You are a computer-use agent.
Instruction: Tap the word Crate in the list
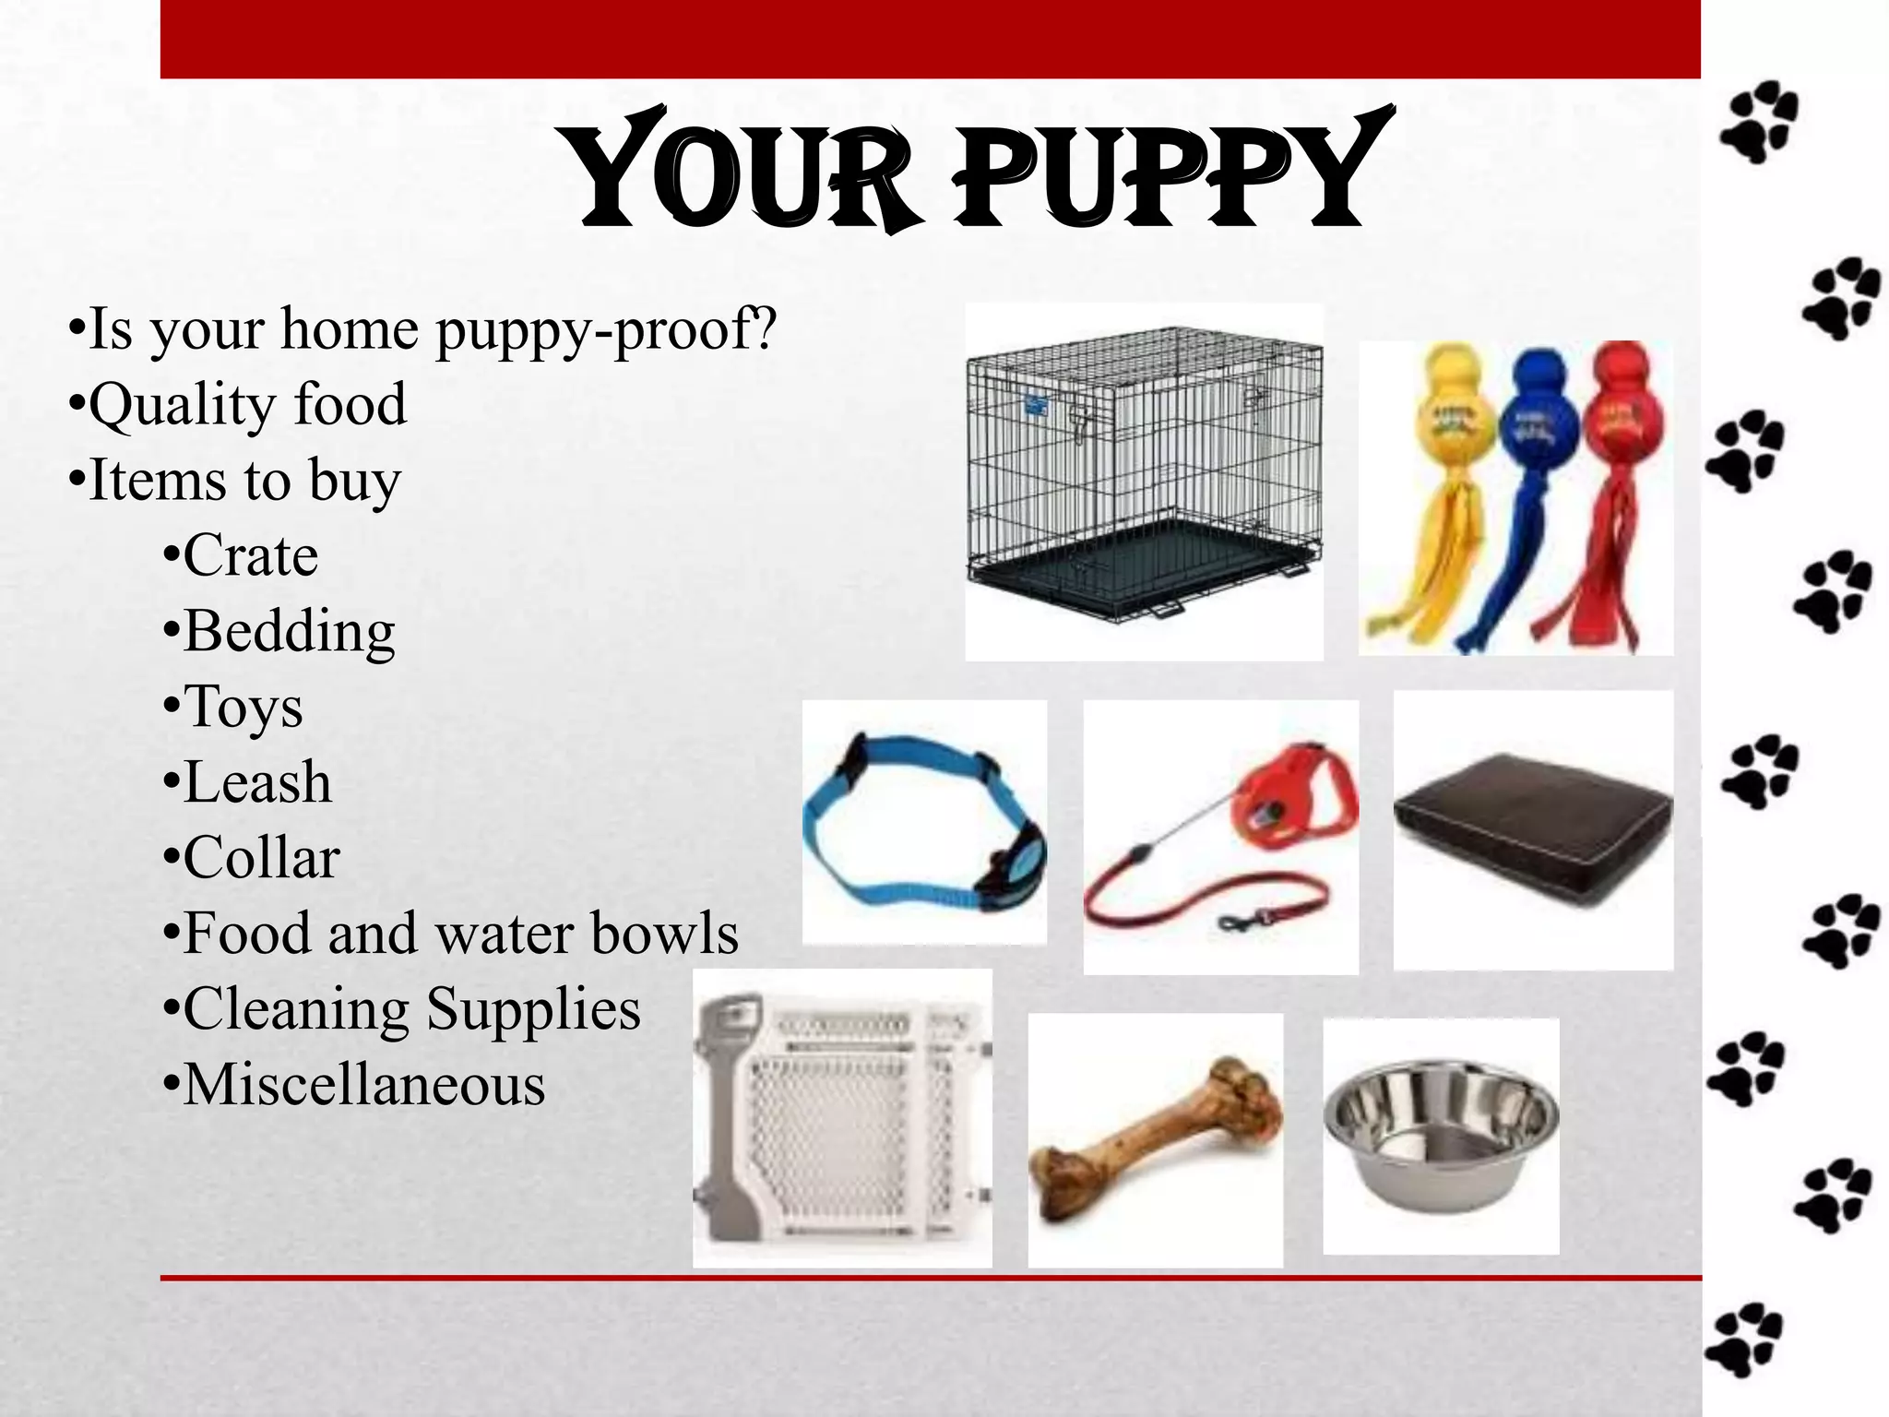(x=250, y=555)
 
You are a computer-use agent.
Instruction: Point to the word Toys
(x=244, y=708)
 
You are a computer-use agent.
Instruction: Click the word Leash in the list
(x=257, y=783)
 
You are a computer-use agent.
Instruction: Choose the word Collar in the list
(x=262, y=858)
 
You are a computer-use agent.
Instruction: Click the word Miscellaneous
(x=364, y=1085)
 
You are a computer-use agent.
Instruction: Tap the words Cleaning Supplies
(x=411, y=1009)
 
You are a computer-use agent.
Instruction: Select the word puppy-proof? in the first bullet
(x=607, y=329)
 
